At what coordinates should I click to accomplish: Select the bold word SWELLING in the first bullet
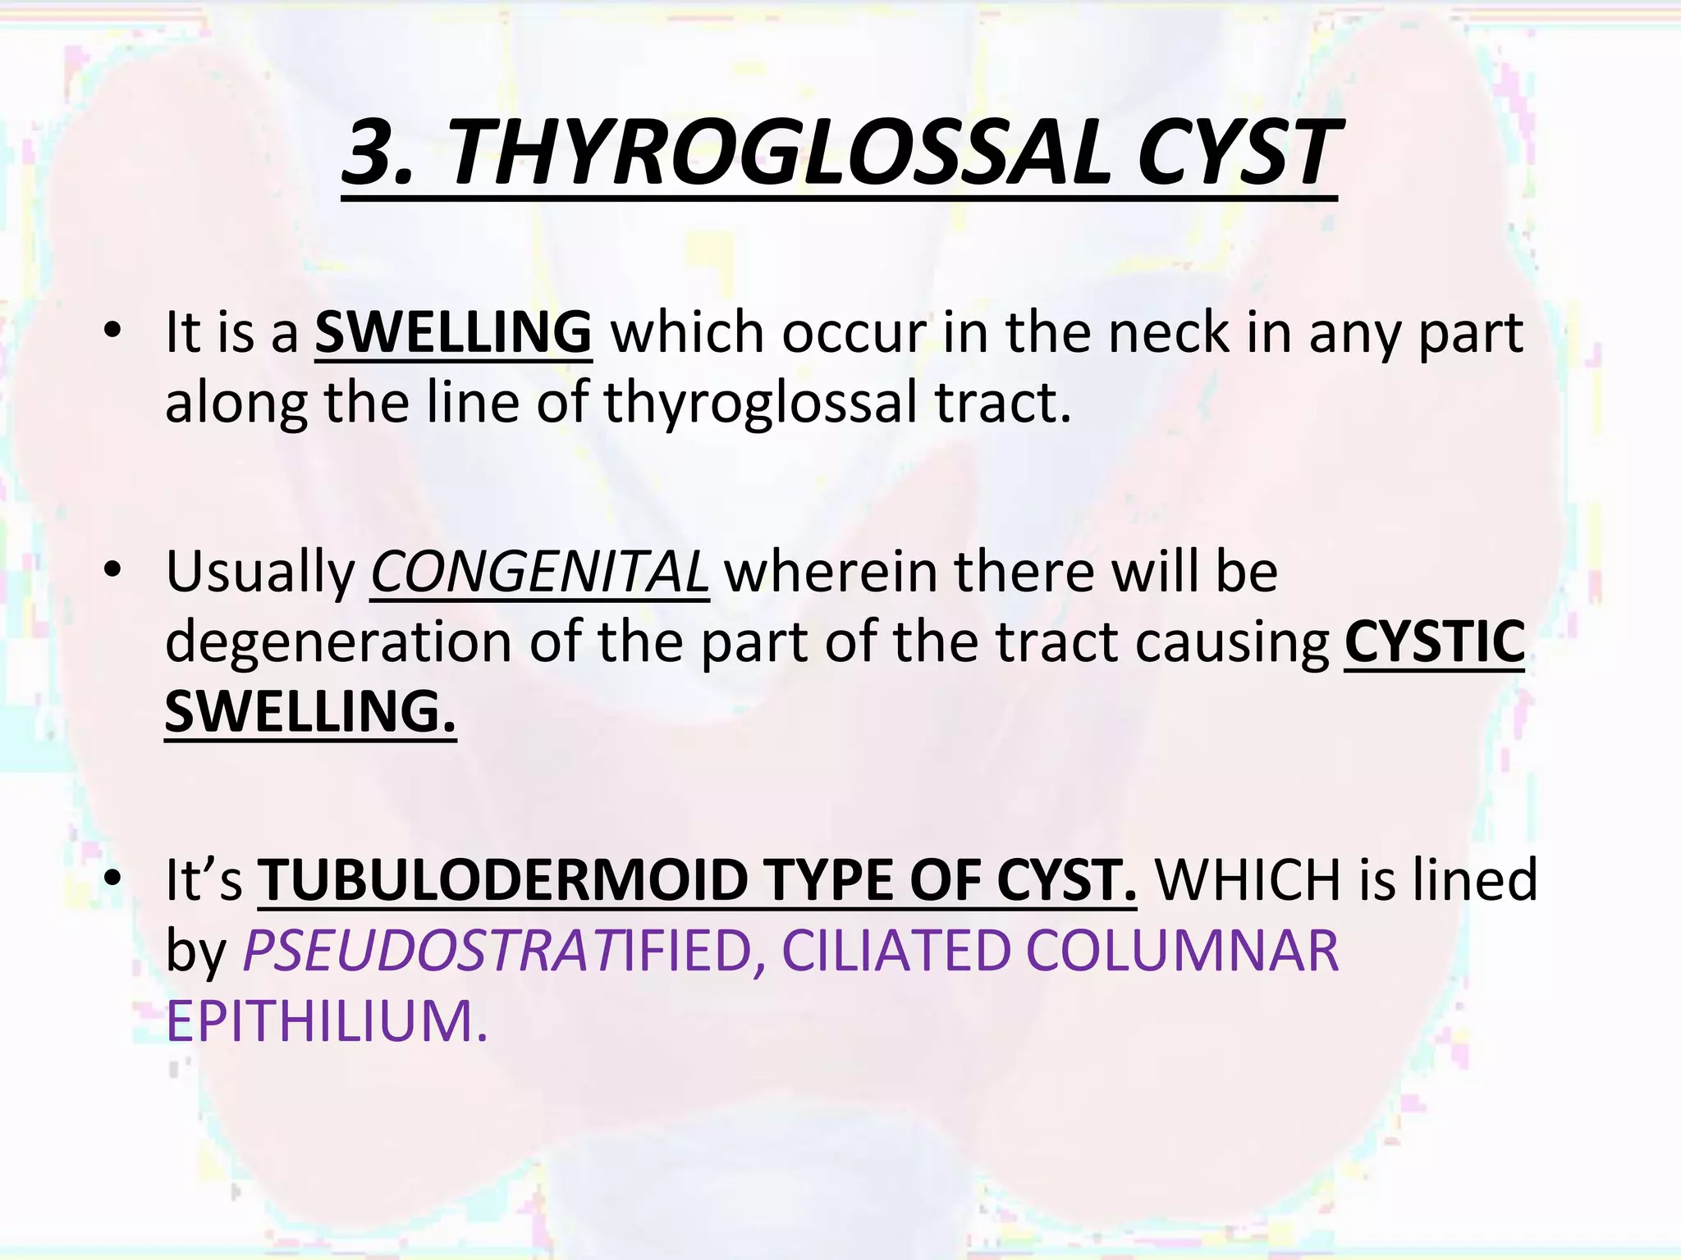[x=453, y=332]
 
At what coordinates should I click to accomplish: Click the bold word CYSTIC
[x=1435, y=641]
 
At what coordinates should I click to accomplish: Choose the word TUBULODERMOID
[x=502, y=879]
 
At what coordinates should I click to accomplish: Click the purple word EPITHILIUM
[x=327, y=1021]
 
